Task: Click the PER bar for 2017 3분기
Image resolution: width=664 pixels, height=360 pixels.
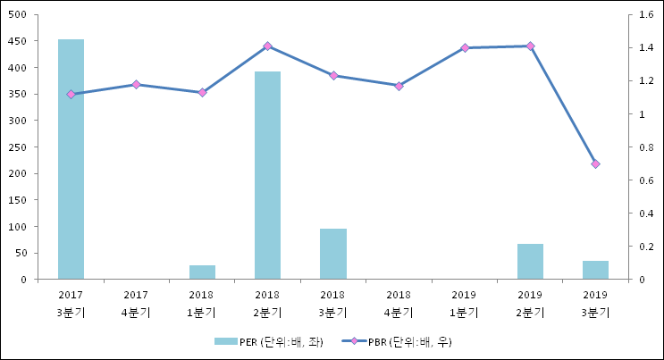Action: (x=71, y=159)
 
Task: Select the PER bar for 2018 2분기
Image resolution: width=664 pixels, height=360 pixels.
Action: (x=267, y=175)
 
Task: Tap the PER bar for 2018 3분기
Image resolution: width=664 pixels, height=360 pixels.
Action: (x=333, y=254)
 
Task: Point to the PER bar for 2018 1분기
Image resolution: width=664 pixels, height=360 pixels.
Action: (x=202, y=272)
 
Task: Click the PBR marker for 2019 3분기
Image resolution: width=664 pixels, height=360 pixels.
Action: (x=595, y=163)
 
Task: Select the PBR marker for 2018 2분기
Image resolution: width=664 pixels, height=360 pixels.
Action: (x=267, y=46)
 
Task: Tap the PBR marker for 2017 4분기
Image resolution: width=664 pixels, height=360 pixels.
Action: (x=136, y=84)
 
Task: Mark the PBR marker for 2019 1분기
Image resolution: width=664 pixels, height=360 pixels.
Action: (x=465, y=47)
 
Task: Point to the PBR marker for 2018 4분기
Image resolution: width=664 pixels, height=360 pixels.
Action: (x=399, y=86)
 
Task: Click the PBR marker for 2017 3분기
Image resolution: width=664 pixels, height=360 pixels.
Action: (x=71, y=94)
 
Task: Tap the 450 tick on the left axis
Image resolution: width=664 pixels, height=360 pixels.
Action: (x=18, y=41)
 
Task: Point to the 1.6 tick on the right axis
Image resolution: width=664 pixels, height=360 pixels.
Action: (x=643, y=14)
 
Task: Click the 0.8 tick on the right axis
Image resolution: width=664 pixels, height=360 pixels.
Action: (x=643, y=147)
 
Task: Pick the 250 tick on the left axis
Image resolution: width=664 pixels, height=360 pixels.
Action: (x=18, y=147)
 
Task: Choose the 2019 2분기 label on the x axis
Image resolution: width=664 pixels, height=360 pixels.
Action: (x=530, y=303)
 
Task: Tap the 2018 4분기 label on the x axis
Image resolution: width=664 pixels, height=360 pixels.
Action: (x=399, y=303)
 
